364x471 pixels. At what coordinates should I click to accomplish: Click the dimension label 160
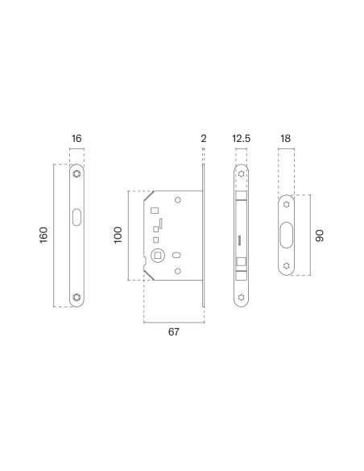[43, 235]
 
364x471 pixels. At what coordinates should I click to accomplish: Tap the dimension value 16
[77, 139]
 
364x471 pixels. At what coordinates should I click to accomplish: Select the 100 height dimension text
[118, 235]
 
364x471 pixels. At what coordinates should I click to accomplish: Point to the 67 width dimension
[174, 332]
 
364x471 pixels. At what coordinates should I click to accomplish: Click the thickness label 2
[204, 139]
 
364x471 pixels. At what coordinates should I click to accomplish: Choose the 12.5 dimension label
[241, 139]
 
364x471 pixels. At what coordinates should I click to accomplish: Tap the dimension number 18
[286, 139]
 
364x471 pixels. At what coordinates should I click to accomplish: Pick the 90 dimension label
[320, 235]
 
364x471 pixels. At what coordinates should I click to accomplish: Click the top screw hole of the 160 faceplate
[77, 173]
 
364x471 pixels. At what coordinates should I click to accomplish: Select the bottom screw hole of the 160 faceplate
[77, 297]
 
